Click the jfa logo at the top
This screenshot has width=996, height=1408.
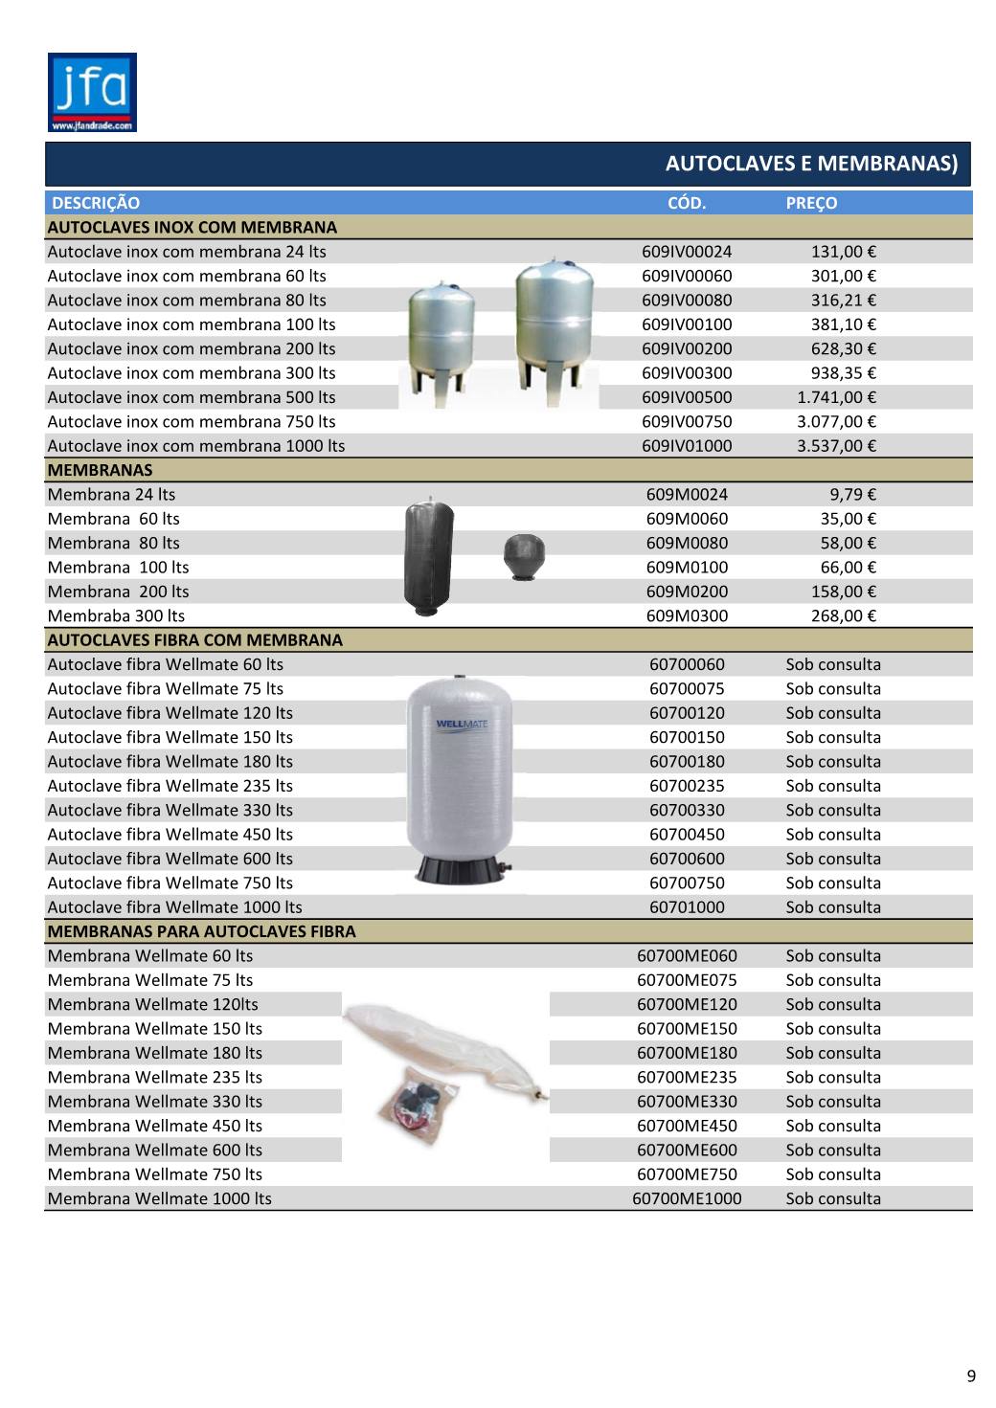(92, 92)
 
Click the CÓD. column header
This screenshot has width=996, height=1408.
(686, 203)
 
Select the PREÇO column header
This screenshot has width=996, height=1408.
(811, 203)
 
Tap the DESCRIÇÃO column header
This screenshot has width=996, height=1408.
(96, 203)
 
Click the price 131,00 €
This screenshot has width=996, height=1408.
(844, 252)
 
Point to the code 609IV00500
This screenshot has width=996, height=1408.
(687, 397)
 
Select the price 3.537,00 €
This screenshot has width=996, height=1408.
(836, 446)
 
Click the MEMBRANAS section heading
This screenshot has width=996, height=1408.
(100, 470)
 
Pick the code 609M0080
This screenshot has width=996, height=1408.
(687, 543)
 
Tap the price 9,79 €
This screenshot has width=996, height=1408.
(853, 495)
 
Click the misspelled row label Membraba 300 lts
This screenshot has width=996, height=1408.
(116, 615)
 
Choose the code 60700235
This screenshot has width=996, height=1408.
(687, 786)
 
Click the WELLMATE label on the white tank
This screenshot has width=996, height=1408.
(461, 724)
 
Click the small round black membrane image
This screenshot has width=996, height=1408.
(524, 555)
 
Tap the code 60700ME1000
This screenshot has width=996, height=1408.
(687, 1198)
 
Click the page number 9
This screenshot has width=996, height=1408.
(971, 1376)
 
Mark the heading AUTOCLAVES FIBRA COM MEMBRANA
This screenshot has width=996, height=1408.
(194, 640)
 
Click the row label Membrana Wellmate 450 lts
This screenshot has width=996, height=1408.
(154, 1126)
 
